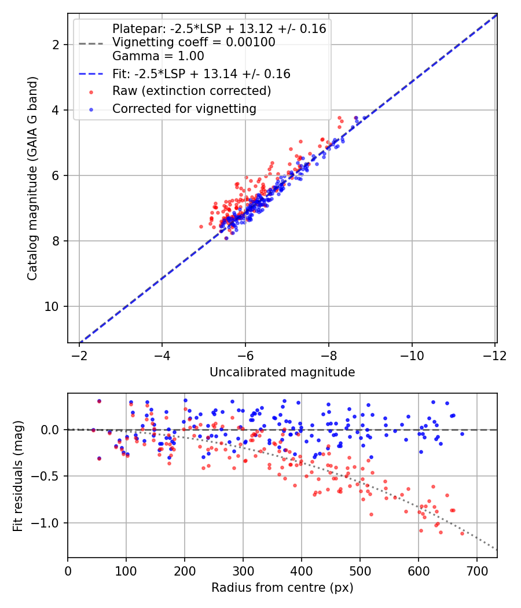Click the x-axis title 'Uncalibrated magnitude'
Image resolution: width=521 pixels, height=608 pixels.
click(282, 372)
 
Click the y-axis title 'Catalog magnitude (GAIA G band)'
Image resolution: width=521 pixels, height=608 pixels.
click(32, 178)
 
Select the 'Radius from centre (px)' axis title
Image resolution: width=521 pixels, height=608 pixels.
click(282, 588)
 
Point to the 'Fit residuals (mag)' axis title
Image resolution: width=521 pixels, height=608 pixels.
click(18, 476)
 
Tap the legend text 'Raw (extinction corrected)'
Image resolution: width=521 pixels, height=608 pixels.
click(192, 91)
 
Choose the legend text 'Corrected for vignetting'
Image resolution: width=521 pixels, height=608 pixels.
click(184, 109)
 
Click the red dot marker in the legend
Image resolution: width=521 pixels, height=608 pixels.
click(91, 92)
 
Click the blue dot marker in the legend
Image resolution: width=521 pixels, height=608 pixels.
click(91, 110)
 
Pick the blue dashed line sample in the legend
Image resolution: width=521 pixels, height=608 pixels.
click(91, 74)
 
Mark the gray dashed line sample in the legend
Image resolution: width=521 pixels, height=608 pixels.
click(91, 43)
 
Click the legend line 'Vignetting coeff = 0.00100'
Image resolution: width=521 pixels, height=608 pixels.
click(194, 42)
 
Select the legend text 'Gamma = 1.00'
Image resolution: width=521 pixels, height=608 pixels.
click(158, 56)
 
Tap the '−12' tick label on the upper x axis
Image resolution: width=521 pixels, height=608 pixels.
click(494, 356)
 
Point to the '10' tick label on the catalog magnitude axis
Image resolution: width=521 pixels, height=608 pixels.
click(52, 307)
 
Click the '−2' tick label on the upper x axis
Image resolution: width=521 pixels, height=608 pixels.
click(79, 356)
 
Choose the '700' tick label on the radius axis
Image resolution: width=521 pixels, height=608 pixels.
click(477, 572)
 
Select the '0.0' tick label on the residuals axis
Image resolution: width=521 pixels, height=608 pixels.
click(50, 430)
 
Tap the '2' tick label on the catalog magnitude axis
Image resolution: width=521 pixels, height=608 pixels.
click(56, 45)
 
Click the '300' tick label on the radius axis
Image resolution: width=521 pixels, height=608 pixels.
click(243, 572)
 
